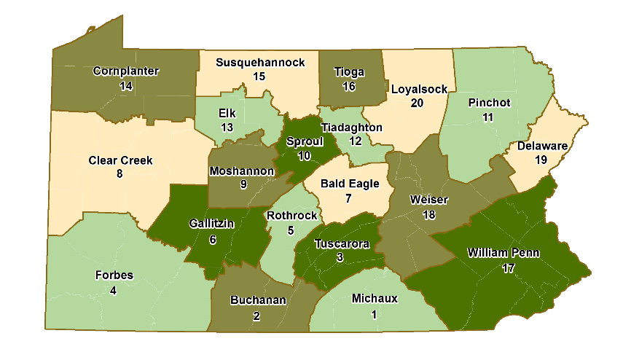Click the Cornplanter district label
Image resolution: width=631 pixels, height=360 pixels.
(x=126, y=71)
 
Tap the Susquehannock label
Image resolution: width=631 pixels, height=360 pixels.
(x=260, y=63)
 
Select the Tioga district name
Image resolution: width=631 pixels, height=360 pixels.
(x=349, y=71)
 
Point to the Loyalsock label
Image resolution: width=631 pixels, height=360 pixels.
(x=419, y=89)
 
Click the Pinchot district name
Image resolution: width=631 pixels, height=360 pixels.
(x=490, y=103)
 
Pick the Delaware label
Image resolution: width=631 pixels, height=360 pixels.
(x=543, y=146)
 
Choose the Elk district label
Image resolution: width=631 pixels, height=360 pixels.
(x=227, y=114)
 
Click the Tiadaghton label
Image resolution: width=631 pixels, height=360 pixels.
(x=352, y=127)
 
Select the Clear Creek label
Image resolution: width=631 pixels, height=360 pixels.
(x=121, y=160)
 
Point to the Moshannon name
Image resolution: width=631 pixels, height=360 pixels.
(x=242, y=171)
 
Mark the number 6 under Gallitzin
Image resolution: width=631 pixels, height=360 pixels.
(x=212, y=238)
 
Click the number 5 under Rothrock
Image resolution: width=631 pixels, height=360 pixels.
(x=291, y=230)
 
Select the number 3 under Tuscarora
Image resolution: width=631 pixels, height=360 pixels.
(x=340, y=258)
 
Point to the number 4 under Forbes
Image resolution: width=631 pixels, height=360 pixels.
(x=113, y=290)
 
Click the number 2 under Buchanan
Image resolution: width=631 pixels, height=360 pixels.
(x=257, y=315)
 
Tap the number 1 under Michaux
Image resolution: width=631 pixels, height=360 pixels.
(x=375, y=313)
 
